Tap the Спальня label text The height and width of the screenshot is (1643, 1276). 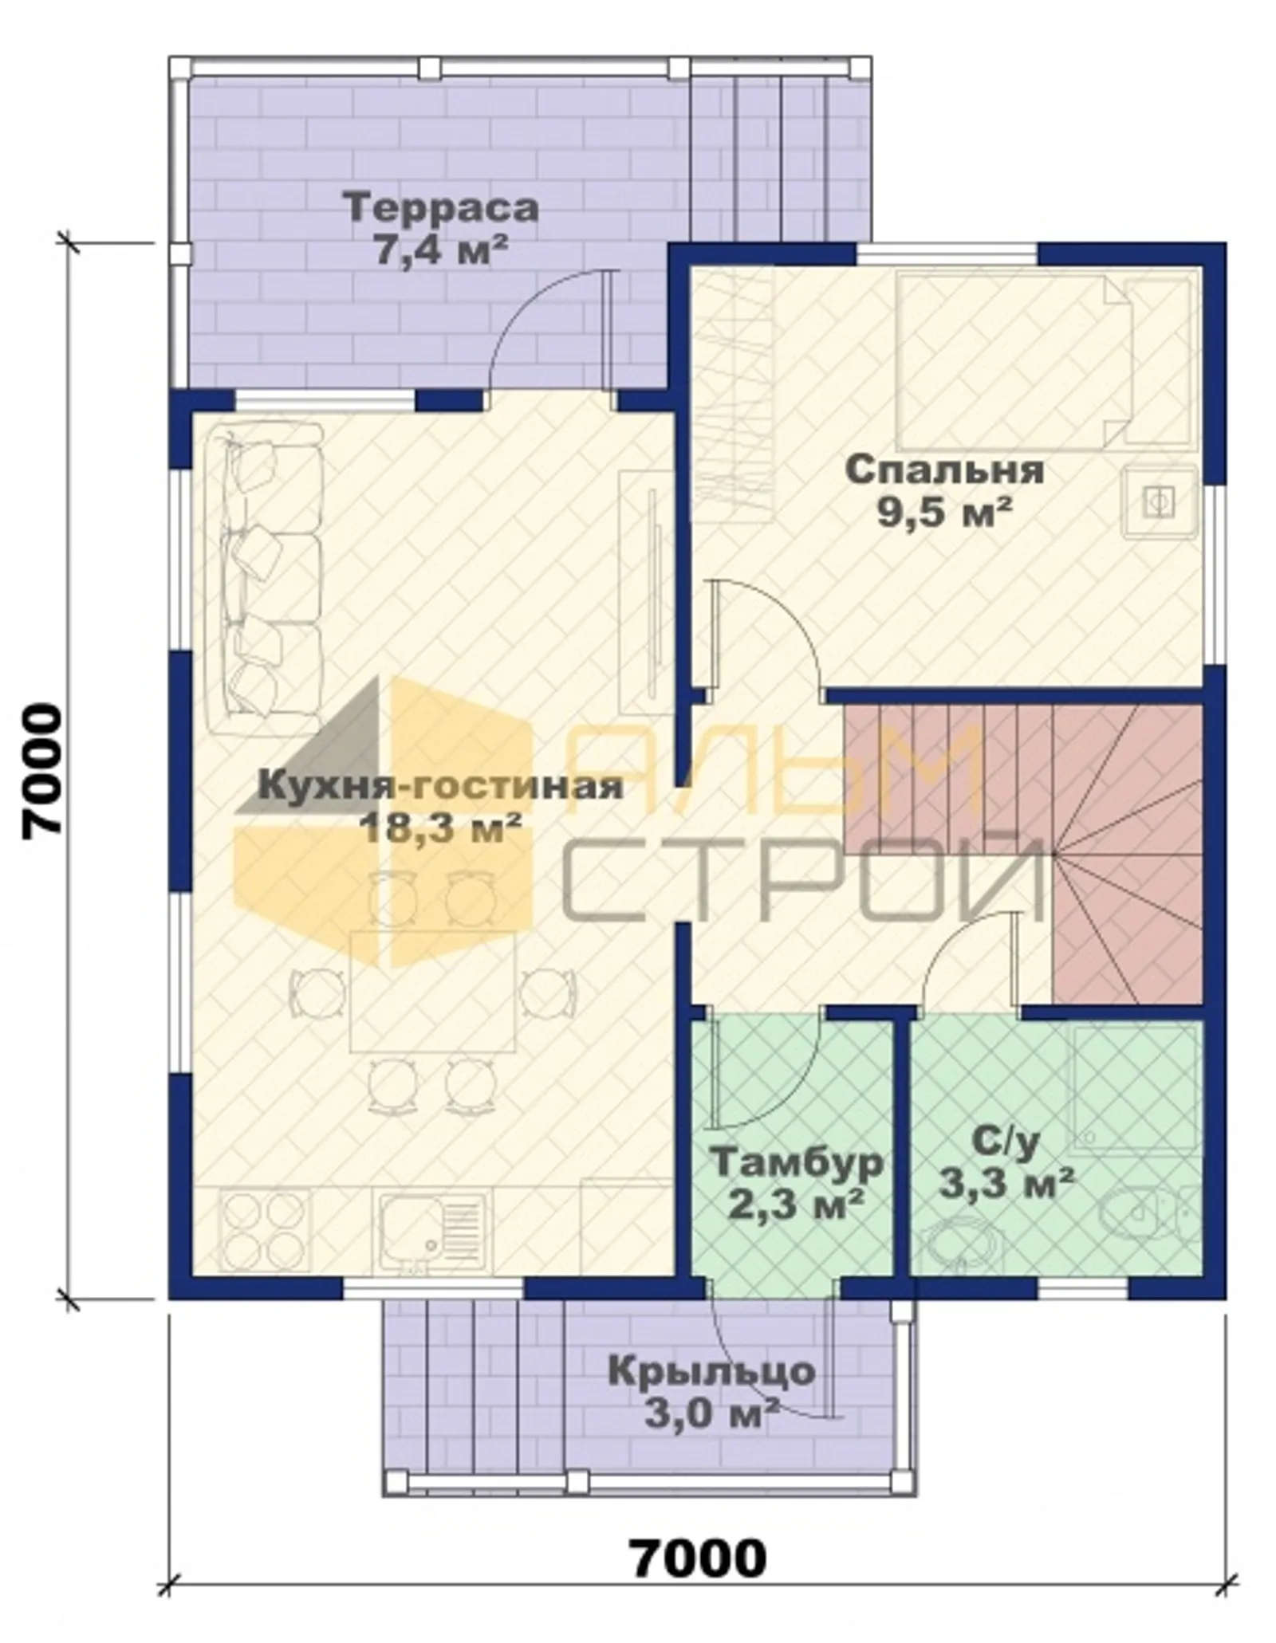pyautogui.click(x=944, y=470)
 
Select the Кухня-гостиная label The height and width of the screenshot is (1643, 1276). pyautogui.click(x=440, y=785)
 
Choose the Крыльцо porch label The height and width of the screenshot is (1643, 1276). pyautogui.click(x=712, y=1371)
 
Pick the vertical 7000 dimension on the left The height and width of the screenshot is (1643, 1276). pyautogui.click(x=41, y=769)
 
